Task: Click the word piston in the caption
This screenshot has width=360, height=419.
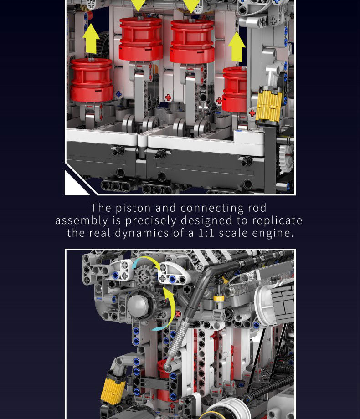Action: click(133, 208)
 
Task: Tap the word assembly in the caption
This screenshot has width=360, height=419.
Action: click(82, 221)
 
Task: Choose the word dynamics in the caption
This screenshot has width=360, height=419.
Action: click(142, 233)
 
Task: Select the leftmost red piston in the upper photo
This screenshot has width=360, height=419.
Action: click(92, 80)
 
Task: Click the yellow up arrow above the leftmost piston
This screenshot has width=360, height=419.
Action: click(91, 38)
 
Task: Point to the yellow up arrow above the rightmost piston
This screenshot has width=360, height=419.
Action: click(237, 47)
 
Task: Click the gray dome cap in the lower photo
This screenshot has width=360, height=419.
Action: click(138, 305)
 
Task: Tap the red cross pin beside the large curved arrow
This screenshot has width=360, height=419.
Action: click(178, 314)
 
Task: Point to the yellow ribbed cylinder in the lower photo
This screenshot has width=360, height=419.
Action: click(113, 386)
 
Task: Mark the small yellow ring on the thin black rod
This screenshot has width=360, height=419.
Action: click(219, 298)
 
